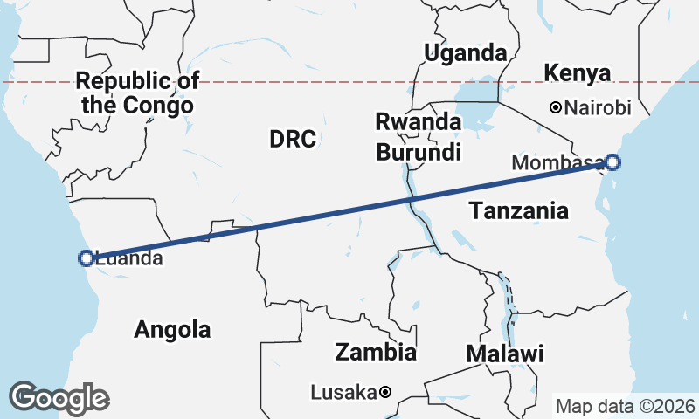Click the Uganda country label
coord(465,52)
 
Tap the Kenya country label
coord(577,73)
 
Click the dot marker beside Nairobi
coord(555,107)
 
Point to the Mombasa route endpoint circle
coord(613,161)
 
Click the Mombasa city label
coord(557,163)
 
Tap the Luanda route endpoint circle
coord(86,258)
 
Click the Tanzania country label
coord(518,210)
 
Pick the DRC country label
coord(292,139)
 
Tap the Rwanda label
coord(419,121)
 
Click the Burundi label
coord(419,153)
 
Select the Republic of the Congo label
coord(137,93)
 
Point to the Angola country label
coord(172,329)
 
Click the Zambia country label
coord(376,353)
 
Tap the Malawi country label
coord(505,354)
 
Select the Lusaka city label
coord(343,393)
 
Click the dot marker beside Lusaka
coord(384,393)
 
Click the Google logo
coord(59,397)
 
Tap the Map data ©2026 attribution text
coord(625,406)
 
